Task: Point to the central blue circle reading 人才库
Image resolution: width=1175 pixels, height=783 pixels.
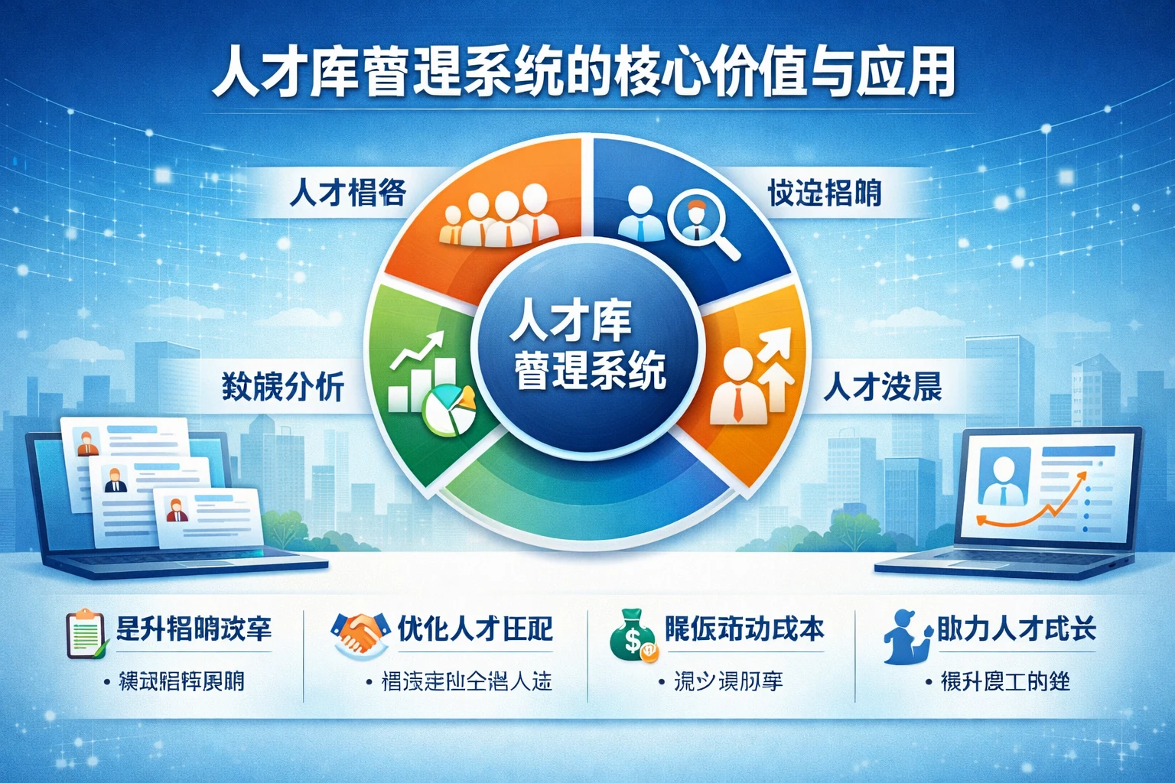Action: click(587, 343)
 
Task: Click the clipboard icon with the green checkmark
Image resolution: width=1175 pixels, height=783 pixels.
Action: click(86, 633)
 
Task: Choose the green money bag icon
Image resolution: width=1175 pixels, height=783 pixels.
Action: click(632, 634)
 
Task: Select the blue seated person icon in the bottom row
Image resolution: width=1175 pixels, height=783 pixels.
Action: click(904, 636)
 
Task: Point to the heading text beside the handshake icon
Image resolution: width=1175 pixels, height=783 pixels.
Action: click(475, 629)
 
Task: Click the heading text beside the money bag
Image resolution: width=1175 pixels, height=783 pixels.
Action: click(744, 629)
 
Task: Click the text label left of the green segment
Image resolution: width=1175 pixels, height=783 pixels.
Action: click(282, 387)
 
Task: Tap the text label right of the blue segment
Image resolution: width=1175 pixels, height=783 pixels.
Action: click(824, 193)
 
